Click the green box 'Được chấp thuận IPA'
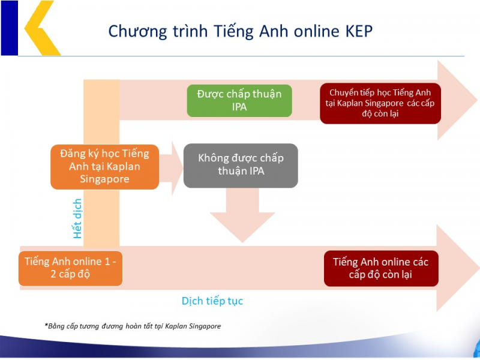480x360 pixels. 239,100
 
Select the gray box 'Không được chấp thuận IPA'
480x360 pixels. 241,165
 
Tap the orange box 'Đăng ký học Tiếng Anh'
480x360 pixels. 104,166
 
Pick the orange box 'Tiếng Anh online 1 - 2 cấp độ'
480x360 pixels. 71,268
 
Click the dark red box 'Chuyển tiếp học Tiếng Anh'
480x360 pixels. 380,103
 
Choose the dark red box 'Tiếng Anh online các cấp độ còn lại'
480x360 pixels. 380,268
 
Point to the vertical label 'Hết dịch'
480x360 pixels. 77,219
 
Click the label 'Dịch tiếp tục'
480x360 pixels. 212,301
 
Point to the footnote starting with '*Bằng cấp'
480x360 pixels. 133,326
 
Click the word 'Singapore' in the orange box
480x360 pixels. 104,179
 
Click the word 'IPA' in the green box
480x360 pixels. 239,107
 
